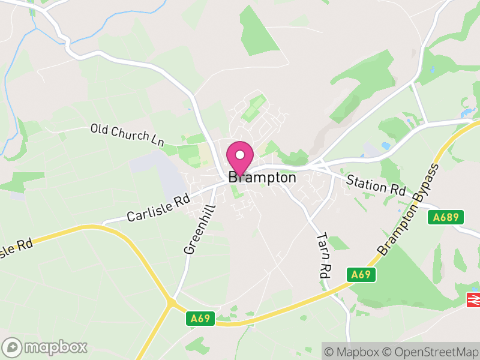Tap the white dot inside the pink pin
[240, 155]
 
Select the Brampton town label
[262, 178]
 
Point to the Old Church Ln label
[127, 134]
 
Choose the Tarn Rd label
[323, 254]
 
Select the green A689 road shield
[446, 217]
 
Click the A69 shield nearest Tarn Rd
[361, 275]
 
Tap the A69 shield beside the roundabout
[199, 318]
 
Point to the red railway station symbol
[473, 299]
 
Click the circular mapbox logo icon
[12, 347]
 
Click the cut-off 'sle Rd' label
[16, 247]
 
